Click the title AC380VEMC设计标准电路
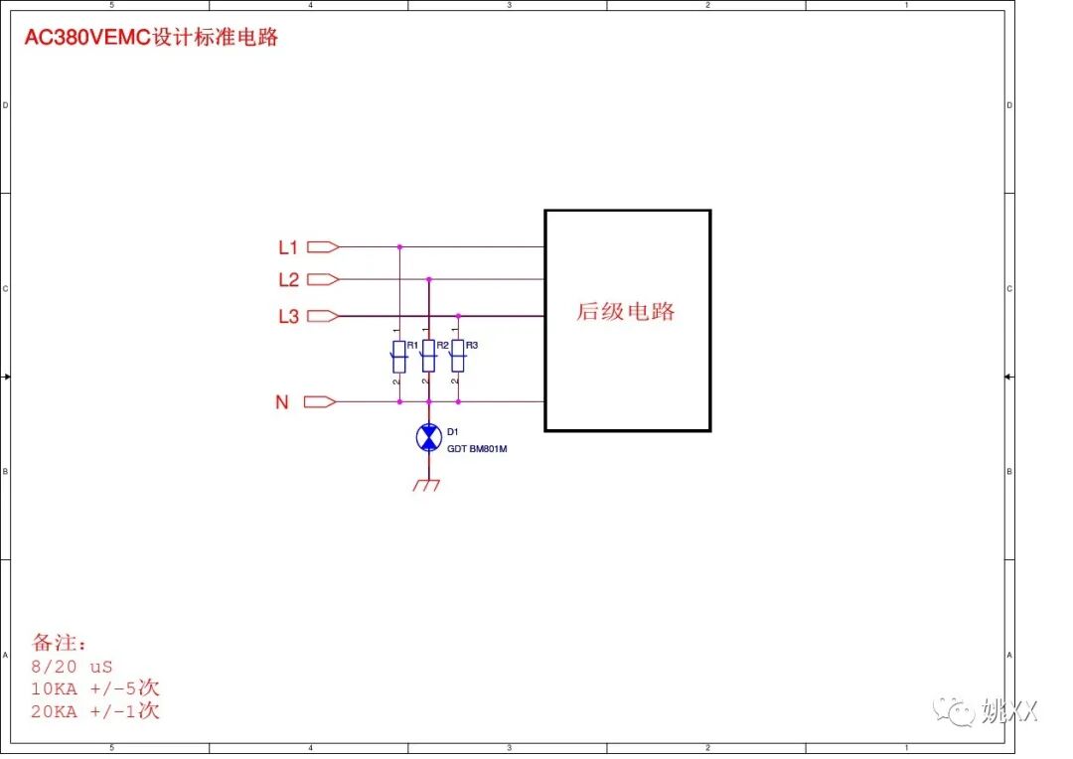[x=151, y=38]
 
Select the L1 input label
[x=288, y=246]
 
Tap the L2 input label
[x=288, y=280]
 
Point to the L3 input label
[x=288, y=317]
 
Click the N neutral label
[x=282, y=402]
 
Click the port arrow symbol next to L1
[x=323, y=246]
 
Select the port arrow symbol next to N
[x=320, y=402]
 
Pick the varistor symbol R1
[x=399, y=357]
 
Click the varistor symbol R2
[x=428, y=357]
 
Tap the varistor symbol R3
[x=458, y=357]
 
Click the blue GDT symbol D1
[x=428, y=437]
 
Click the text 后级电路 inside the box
[x=626, y=312]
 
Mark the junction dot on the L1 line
[x=399, y=246]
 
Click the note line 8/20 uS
[x=72, y=667]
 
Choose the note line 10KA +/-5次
[x=95, y=688]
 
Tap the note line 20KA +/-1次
[x=95, y=711]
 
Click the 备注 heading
[x=60, y=643]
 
